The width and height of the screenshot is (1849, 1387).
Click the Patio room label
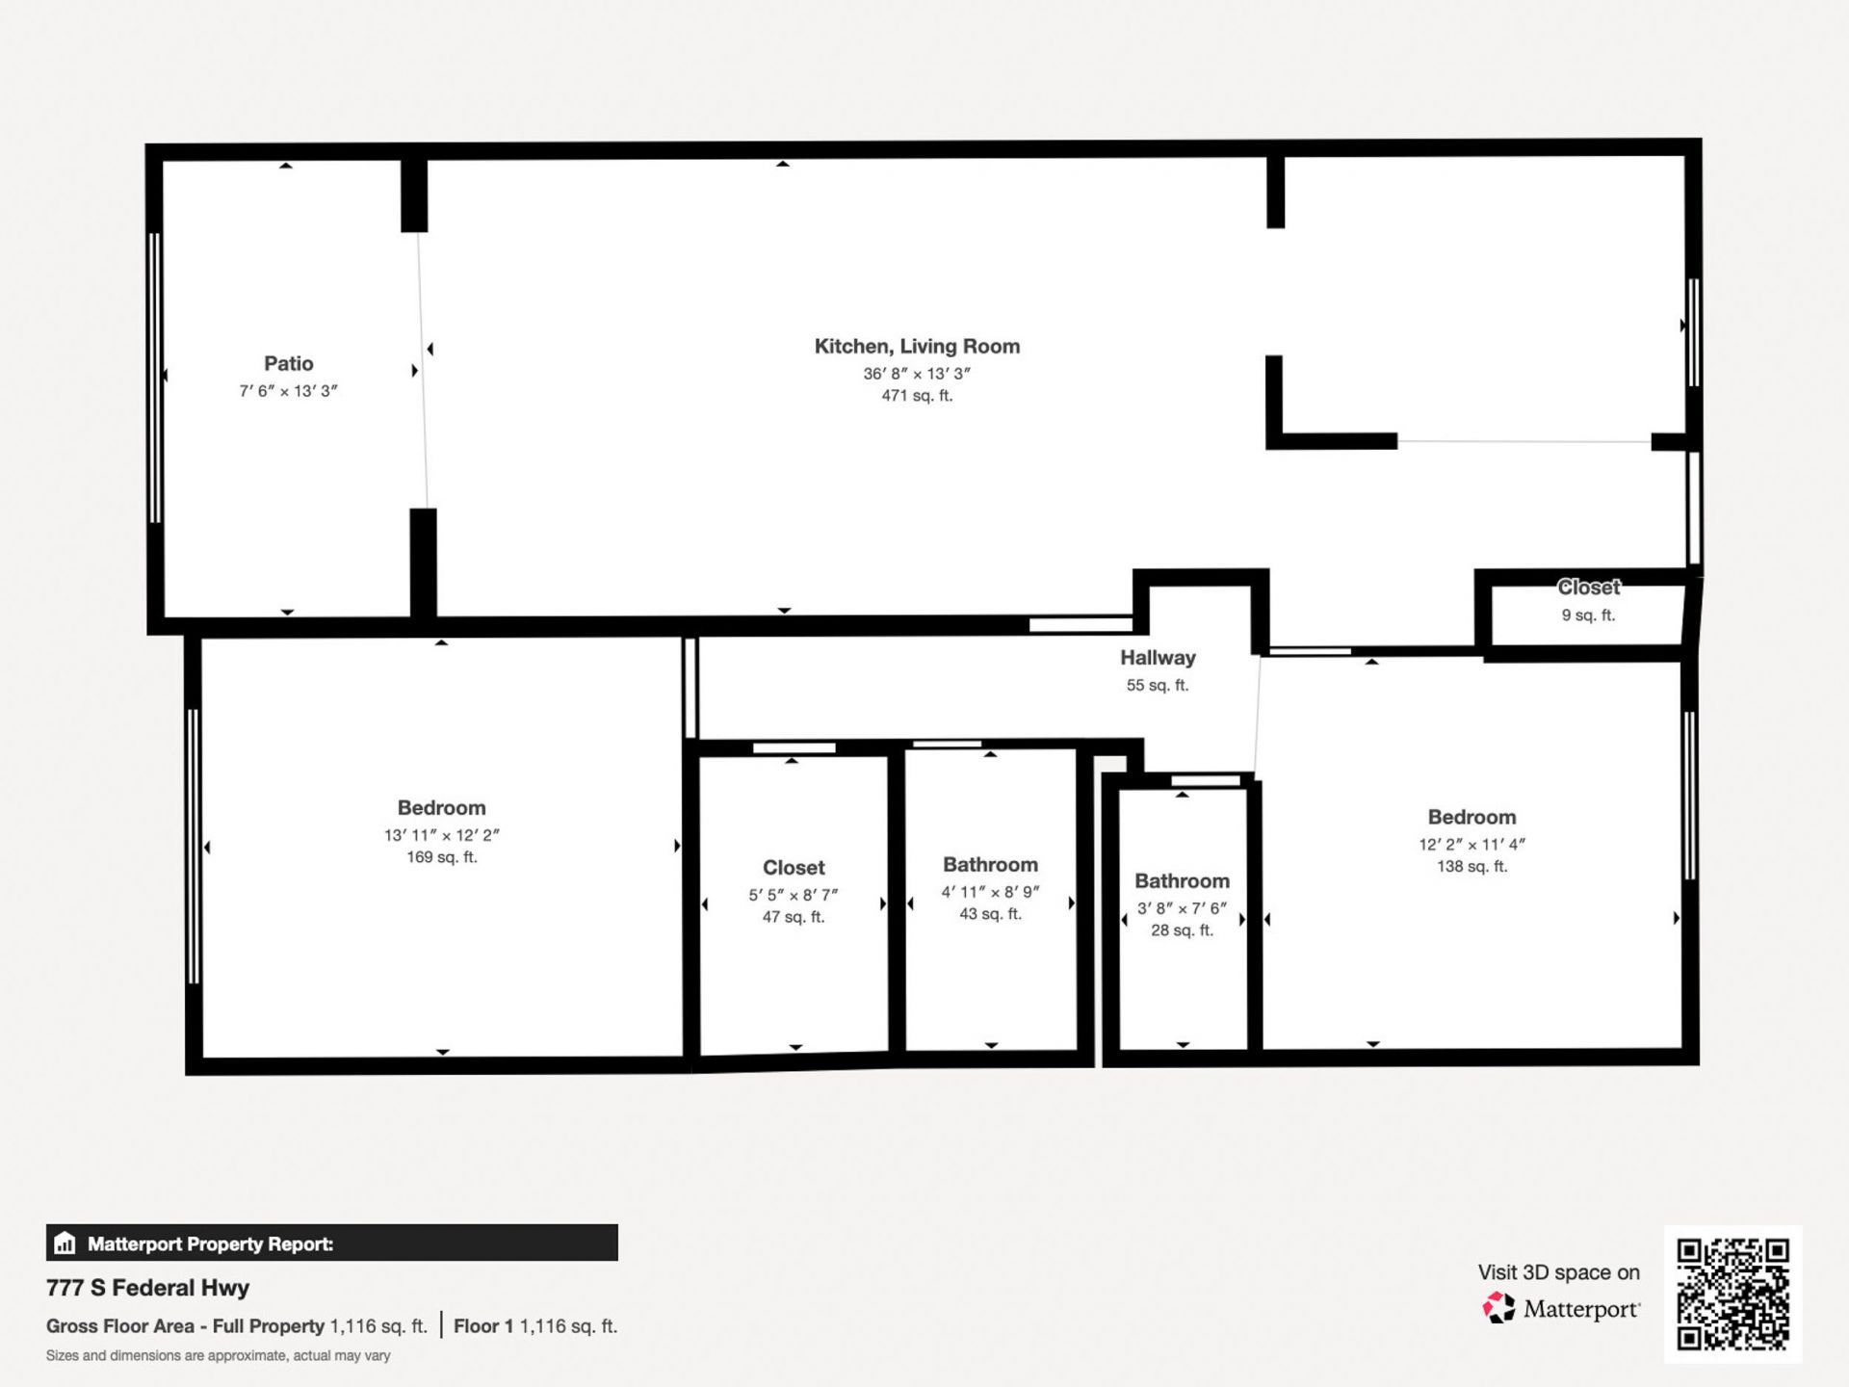288,364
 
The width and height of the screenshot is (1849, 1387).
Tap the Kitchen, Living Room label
917,347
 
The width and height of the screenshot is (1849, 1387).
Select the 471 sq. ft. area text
917,396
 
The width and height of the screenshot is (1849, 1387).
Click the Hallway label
1158,658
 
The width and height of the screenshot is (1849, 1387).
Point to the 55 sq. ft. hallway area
1158,686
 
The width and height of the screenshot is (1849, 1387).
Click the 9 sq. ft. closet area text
1588,615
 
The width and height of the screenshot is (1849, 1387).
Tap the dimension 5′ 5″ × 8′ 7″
794,895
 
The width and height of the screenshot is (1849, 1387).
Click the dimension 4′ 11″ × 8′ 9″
990,892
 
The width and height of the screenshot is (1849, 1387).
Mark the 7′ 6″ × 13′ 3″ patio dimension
288,391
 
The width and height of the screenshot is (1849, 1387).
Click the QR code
1732,1294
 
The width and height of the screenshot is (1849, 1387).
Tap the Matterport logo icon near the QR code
1498,1309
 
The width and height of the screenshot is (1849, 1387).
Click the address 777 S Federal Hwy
147,1288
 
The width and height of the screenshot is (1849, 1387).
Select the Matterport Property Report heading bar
331,1243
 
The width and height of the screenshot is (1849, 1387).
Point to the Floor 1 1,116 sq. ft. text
535,1326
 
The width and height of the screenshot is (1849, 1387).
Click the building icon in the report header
65,1243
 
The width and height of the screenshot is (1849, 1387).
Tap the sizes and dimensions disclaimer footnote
218,1356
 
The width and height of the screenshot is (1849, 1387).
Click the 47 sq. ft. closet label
794,917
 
